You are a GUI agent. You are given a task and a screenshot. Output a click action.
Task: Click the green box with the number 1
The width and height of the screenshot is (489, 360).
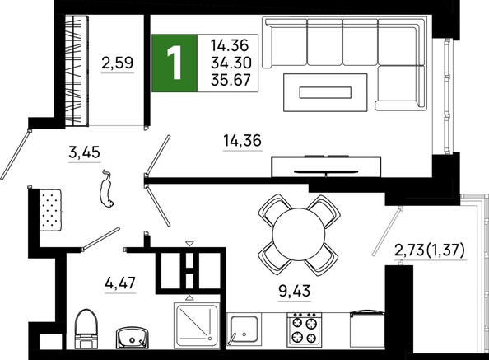(x=175, y=63)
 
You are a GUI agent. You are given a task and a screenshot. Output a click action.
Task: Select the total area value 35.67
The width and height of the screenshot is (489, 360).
(x=231, y=80)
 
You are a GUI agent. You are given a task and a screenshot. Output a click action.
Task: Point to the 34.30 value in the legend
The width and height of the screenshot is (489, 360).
(x=231, y=63)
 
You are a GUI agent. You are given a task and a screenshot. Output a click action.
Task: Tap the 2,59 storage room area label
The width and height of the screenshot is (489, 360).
(x=118, y=63)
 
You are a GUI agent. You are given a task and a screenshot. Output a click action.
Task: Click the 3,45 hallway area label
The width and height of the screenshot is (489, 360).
(x=84, y=152)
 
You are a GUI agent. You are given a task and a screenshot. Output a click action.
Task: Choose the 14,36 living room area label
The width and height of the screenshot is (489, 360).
(x=243, y=140)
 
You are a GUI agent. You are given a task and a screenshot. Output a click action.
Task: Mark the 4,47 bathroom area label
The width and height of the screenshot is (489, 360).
(x=120, y=283)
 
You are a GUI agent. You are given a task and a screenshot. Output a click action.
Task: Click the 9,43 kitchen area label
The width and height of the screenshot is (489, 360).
(x=295, y=291)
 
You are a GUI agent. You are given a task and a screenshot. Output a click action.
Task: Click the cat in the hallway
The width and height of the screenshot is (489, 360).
(x=107, y=189)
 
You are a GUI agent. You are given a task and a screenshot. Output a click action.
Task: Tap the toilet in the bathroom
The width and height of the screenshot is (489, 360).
(x=86, y=329)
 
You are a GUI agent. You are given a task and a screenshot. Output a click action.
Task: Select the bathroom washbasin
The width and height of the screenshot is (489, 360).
(x=133, y=338)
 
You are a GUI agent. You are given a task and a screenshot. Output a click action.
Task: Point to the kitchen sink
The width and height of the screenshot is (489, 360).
(x=243, y=330)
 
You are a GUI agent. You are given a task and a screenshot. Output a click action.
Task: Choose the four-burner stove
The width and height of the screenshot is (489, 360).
(x=305, y=330)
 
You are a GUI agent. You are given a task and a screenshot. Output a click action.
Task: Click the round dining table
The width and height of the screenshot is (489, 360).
(x=299, y=234)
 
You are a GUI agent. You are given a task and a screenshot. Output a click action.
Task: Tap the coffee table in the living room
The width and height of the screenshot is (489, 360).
(x=325, y=92)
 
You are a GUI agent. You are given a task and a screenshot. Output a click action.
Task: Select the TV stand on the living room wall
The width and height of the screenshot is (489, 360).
(x=326, y=166)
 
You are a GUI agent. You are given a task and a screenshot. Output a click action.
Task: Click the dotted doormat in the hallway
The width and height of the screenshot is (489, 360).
(x=50, y=209)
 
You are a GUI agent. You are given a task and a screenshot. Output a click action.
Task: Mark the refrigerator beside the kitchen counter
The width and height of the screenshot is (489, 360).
(x=367, y=329)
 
